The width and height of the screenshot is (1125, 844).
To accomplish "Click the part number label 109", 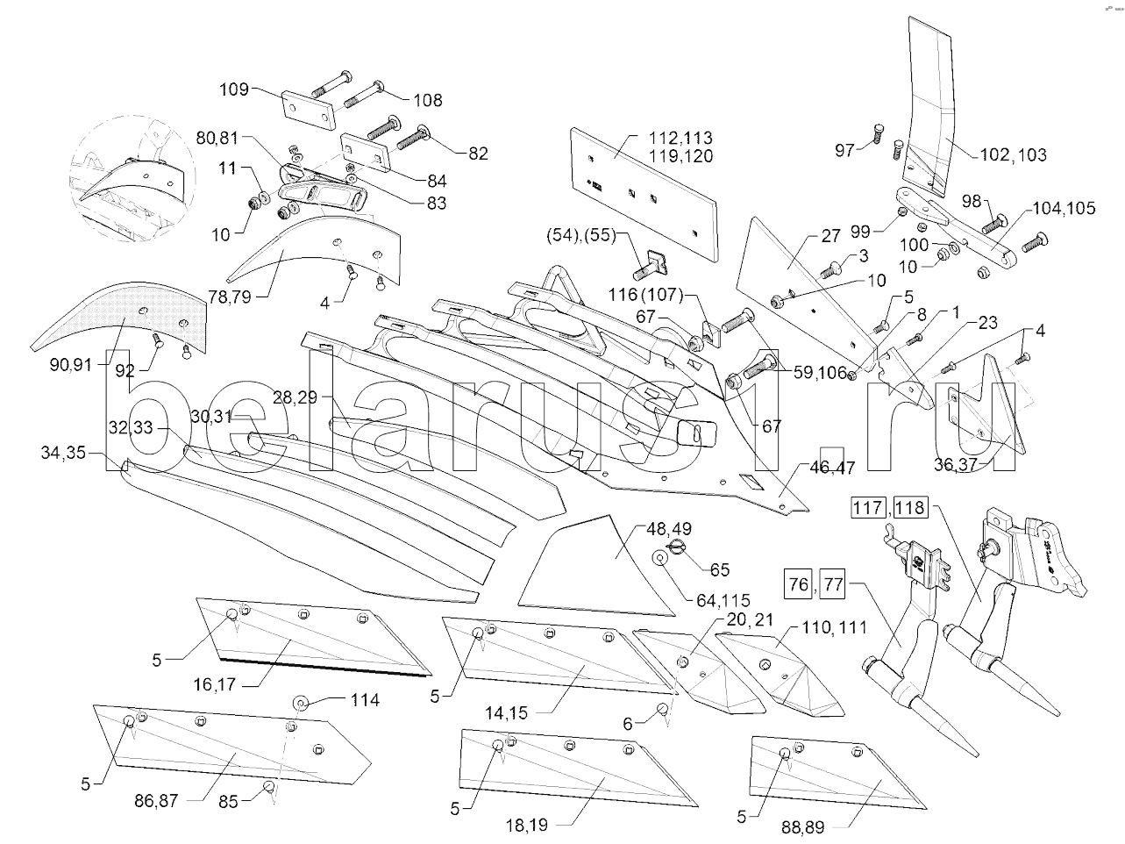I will tap(233, 89).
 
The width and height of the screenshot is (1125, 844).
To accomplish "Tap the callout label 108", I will tap(427, 100).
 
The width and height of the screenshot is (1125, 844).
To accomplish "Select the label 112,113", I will tap(680, 138).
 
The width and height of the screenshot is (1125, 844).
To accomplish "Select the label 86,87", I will tap(157, 800).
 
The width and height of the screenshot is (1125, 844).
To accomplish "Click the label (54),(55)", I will tap(581, 235).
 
